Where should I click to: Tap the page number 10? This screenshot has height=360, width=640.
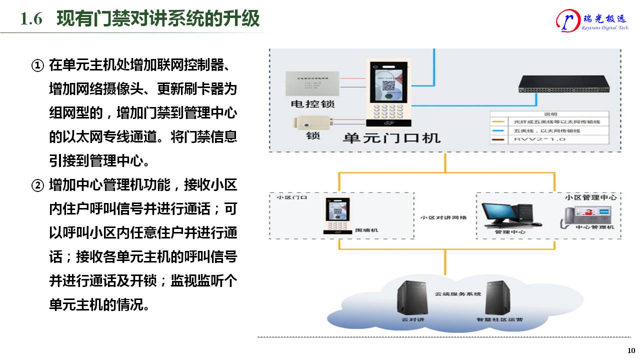[631, 350]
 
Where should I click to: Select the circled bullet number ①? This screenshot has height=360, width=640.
[38, 65]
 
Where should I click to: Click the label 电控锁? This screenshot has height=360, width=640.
[312, 104]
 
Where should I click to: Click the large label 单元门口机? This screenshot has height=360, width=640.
[391, 137]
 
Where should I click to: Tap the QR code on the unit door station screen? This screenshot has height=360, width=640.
[388, 85]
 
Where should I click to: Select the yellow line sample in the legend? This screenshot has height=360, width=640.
[498, 121]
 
